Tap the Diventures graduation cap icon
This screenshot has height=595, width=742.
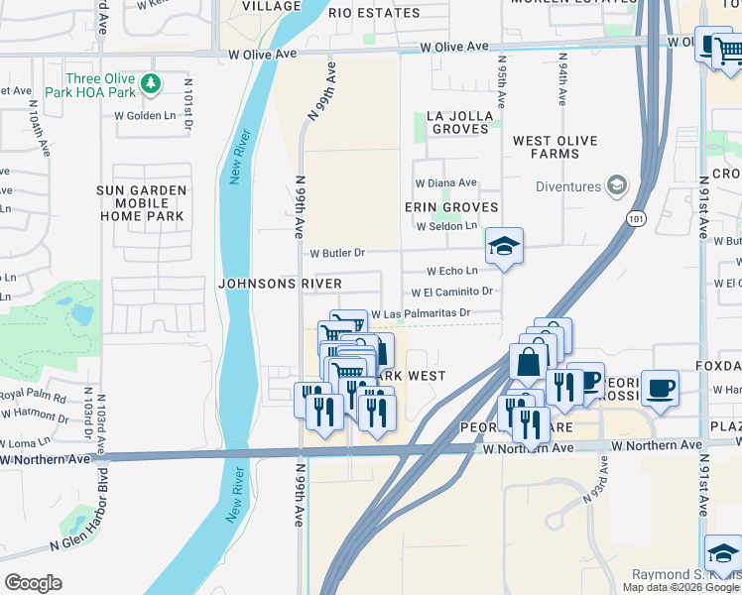617,185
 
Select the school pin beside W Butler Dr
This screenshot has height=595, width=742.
504,247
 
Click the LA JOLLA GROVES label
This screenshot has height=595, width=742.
459,122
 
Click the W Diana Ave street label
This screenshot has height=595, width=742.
445,183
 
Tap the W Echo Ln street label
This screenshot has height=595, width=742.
452,271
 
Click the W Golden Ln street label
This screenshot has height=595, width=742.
145,116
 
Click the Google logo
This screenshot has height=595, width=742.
33,582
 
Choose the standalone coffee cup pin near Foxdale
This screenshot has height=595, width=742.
660,388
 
